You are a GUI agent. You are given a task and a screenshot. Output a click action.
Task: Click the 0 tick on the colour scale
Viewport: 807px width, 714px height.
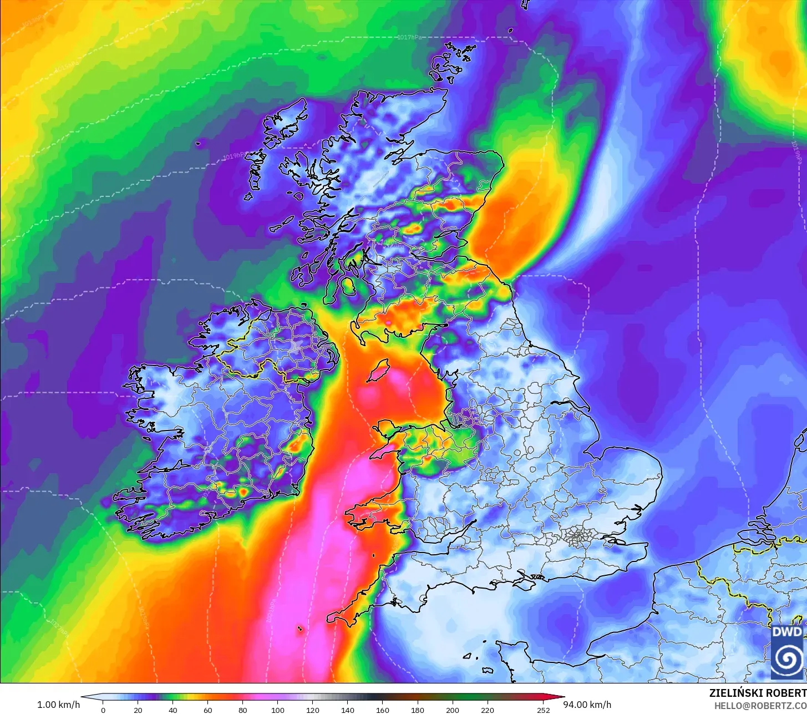(103, 710)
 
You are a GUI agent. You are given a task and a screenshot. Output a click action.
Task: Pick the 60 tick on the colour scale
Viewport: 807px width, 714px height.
(208, 710)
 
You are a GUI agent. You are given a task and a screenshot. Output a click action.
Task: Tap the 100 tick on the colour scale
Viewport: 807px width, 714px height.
(278, 710)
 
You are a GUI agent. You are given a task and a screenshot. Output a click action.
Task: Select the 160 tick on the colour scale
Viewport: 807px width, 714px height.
(383, 710)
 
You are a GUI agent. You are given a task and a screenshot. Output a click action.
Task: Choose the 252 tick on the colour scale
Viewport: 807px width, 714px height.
(544, 710)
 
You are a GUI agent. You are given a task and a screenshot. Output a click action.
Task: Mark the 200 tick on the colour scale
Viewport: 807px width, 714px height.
(453, 710)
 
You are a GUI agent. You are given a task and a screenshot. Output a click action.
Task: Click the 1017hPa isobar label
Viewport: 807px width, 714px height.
(409, 37)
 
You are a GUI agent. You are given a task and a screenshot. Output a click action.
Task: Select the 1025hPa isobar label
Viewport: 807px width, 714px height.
(144, 616)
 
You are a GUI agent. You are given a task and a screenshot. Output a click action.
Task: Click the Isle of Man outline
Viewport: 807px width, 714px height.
(378, 371)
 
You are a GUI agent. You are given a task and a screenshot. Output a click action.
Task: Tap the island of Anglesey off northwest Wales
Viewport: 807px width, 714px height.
(383, 429)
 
